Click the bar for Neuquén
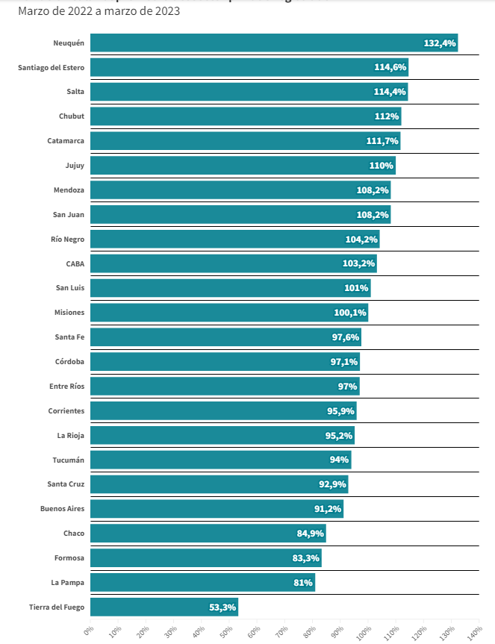[273, 43]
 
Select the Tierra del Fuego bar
[164, 607]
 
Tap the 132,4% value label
[439, 43]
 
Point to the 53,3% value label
[222, 607]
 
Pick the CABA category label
[75, 263]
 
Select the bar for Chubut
[245, 116]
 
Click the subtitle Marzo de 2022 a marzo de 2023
[99, 12]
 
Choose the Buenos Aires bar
[217, 509]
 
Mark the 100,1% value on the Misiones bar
[350, 313]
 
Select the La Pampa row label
[67, 582]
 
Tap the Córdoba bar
[225, 362]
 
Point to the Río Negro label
[69, 240]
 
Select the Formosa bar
[205, 557]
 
